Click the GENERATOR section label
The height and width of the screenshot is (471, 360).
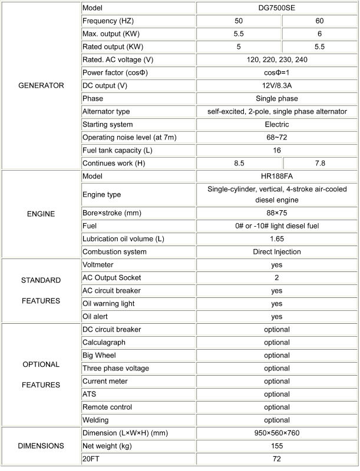click(41, 85)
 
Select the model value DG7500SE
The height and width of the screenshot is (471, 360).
click(277, 8)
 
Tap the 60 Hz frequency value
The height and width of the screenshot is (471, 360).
click(319, 21)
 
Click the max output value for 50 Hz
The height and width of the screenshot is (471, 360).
click(239, 34)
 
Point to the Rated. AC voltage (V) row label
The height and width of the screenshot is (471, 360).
click(118, 60)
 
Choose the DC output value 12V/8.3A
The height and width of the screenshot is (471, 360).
click(277, 86)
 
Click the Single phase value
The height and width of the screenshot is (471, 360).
click(277, 99)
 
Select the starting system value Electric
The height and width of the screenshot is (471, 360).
click(277, 125)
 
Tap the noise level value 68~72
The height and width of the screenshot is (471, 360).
click(277, 138)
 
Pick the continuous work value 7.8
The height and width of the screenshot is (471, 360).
click(319, 163)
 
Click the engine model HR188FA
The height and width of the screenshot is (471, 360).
click(277, 176)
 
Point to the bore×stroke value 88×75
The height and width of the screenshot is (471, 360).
click(277, 213)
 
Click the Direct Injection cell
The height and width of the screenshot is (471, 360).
click(277, 252)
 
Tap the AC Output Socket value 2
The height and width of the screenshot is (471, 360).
click(277, 278)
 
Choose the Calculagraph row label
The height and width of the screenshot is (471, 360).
click(104, 343)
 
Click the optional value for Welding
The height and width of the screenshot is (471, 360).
click(277, 420)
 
